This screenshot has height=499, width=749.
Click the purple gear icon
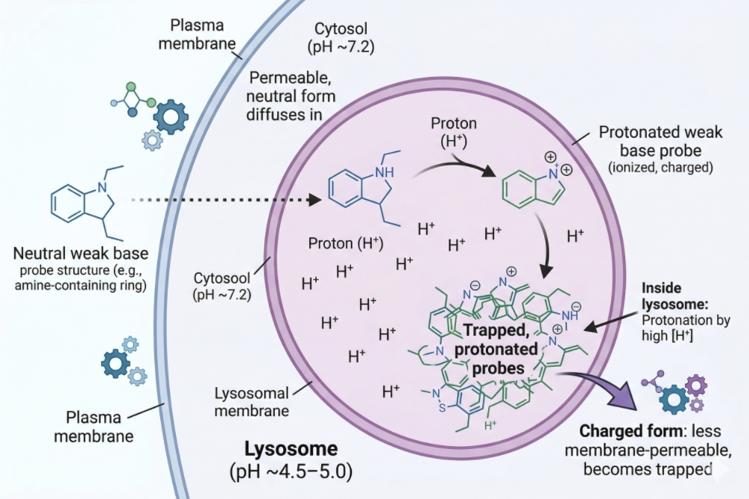695,386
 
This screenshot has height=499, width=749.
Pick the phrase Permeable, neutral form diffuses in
292,95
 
